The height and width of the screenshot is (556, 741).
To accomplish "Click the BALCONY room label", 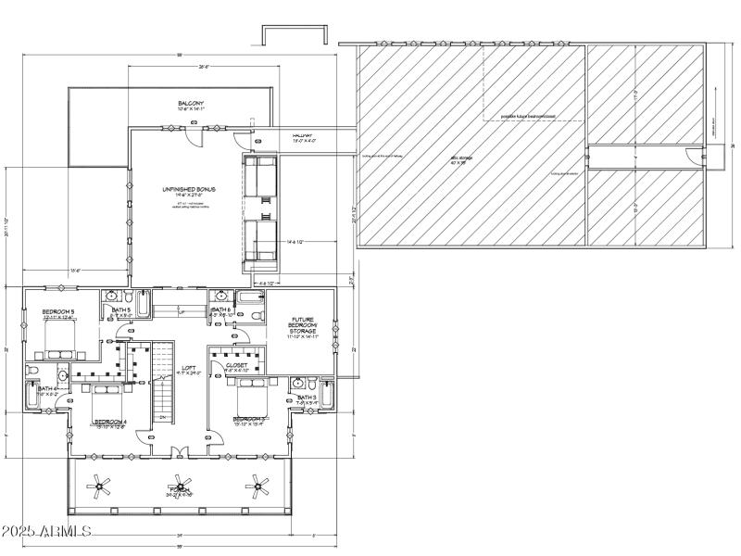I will pos(190,103).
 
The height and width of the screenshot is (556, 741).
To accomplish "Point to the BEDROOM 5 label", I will pos(57,310).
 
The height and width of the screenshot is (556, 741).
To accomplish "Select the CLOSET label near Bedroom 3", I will pos(236,365).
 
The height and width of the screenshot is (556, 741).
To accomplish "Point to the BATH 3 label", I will pos(308,397).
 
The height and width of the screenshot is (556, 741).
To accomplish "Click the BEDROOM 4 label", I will pos(109,422).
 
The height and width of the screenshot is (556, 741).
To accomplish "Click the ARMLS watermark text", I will pos(46,532).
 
